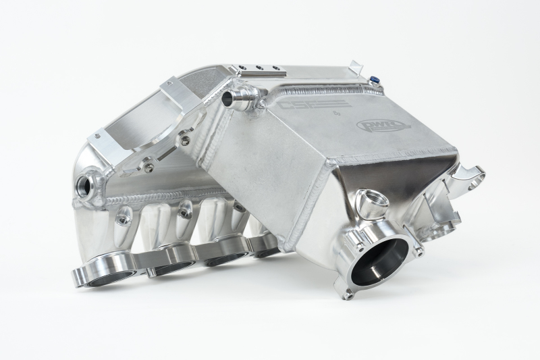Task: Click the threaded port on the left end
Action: [87, 183]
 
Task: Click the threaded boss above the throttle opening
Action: [370, 199]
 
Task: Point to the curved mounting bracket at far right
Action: [472, 178]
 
